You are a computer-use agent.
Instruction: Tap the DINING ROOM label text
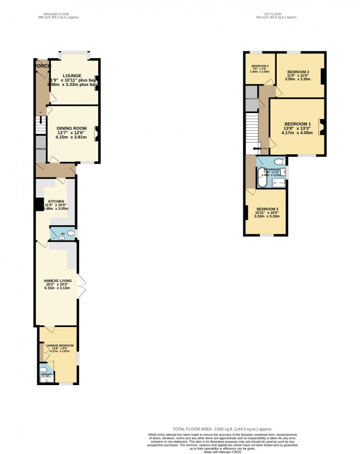[x=72, y=129]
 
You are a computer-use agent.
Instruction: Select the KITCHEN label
[x=56, y=201]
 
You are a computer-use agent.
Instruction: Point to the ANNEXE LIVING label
[x=58, y=281]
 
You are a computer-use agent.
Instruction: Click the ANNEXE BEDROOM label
[x=60, y=346]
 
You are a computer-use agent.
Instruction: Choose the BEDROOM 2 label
[x=298, y=71]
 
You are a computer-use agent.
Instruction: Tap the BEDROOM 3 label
[x=267, y=209]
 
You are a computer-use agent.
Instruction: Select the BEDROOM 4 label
[x=260, y=66]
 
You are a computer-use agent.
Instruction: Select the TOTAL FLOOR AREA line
[x=223, y=428]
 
